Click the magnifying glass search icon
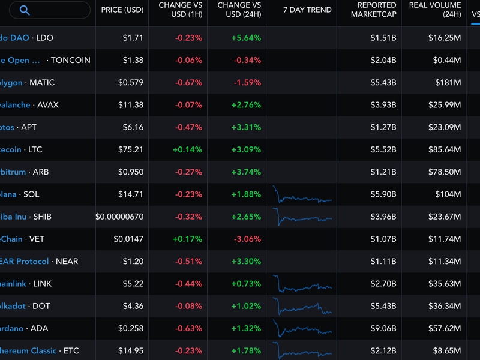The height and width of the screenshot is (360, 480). pos(25,10)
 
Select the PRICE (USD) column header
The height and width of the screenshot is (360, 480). pos(122,10)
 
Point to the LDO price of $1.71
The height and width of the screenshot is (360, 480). pos(133,38)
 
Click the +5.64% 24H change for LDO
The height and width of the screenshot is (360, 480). pos(246,38)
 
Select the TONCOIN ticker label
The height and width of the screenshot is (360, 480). pos(71,60)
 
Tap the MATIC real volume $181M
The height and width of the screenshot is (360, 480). pos(449,82)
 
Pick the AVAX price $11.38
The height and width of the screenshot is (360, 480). pos(131,105)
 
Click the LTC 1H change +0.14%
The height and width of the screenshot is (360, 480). pos(188,149)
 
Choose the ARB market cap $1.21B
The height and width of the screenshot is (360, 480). pos(383,172)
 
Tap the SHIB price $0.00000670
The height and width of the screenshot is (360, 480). pos(119,217)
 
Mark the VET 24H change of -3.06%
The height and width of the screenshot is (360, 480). pos(247,239)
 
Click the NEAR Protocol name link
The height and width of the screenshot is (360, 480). pos(25,261)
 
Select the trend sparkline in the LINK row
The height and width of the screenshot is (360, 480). pos(302,284)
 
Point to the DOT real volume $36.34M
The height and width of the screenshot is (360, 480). pos(445,306)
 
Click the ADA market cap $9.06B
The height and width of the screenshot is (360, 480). pos(383,328)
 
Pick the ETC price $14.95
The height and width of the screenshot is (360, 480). pos(131,350)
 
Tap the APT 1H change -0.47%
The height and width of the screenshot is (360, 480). pos(188,127)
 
